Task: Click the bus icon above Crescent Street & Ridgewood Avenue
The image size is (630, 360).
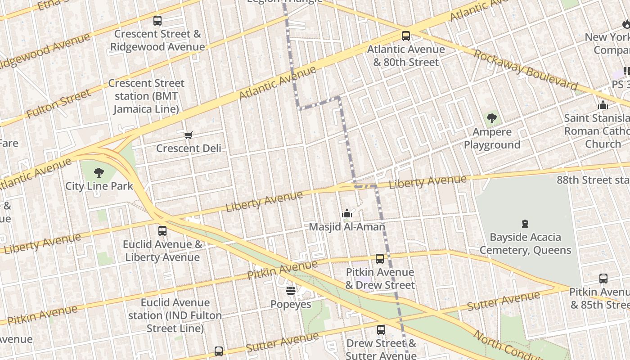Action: point(157,20)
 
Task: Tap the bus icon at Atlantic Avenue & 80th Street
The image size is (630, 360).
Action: point(406,36)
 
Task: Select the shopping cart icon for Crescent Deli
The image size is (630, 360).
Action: point(189,135)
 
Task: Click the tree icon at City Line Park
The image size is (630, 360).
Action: point(99,173)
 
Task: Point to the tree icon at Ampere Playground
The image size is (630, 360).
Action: point(492,119)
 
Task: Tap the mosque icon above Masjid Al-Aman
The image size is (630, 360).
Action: point(347,213)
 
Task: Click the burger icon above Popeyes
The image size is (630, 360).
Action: point(291,291)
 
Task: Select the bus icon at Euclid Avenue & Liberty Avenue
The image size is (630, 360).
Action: point(162,231)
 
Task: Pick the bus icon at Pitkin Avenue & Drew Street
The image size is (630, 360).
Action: point(380,259)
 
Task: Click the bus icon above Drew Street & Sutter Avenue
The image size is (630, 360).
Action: point(381,329)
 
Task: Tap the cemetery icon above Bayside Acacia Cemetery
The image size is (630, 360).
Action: point(525,224)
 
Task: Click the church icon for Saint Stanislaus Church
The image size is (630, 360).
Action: point(603,105)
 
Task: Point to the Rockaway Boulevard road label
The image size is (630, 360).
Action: point(525,70)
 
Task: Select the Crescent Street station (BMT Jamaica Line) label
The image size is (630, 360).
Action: point(146,96)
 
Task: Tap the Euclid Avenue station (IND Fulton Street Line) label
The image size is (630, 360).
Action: point(175,315)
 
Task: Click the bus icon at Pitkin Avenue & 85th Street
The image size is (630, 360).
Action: point(603,279)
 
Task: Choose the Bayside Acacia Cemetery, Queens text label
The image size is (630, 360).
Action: point(525,244)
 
